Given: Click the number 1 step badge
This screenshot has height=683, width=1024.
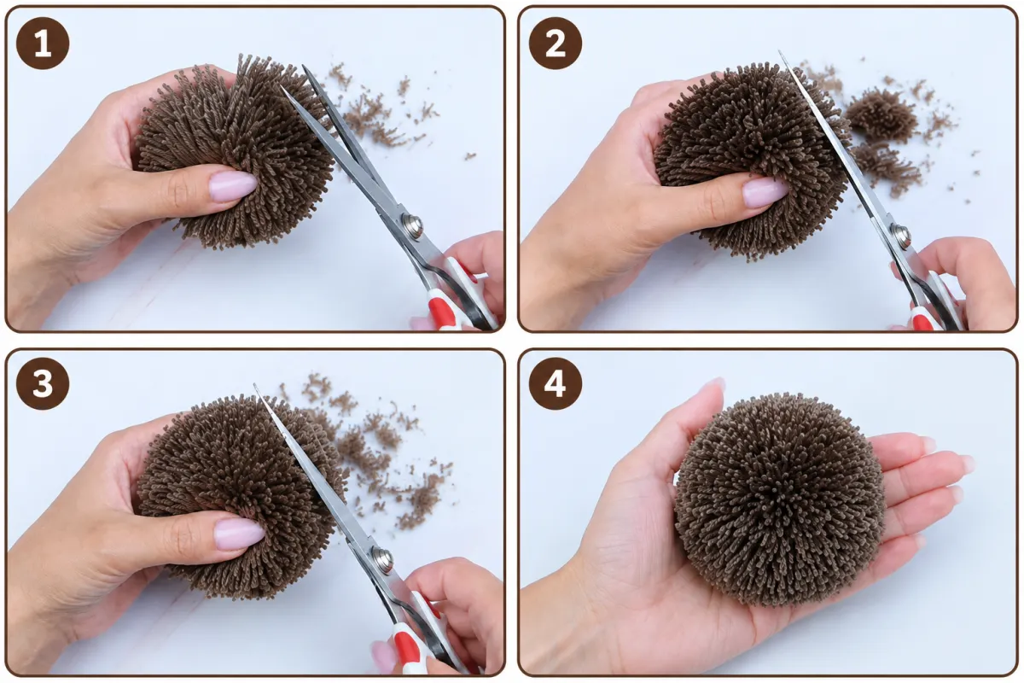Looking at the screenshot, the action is coord(43,44).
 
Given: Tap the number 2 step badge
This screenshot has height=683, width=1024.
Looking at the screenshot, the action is coord(556,44).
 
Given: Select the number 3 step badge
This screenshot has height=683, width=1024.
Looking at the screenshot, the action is coord(43,383).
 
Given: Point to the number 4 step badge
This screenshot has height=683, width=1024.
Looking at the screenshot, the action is coord(556,383).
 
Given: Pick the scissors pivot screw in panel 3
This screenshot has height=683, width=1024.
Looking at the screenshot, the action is coord(382,558).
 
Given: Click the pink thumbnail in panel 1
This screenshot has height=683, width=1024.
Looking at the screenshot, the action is coord(233,185).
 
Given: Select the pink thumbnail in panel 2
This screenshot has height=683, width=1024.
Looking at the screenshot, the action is coord(765,192).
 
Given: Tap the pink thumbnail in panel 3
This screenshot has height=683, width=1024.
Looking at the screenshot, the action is coord(240,534).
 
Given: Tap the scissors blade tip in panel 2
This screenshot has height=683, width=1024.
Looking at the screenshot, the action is coord(780,52).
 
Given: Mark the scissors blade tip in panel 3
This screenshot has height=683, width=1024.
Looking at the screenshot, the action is coord(254,385).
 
